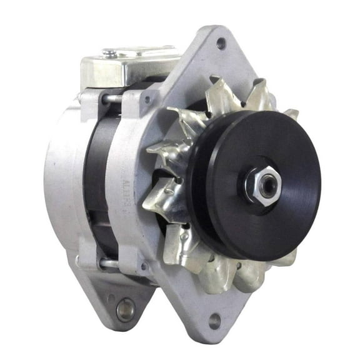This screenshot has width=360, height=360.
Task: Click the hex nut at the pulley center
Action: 262,182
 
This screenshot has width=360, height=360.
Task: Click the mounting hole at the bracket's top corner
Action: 220,44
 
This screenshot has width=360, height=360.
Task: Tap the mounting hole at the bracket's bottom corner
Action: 215,322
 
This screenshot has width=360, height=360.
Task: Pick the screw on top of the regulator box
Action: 110,54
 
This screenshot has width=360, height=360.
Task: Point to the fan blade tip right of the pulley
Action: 291,114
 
